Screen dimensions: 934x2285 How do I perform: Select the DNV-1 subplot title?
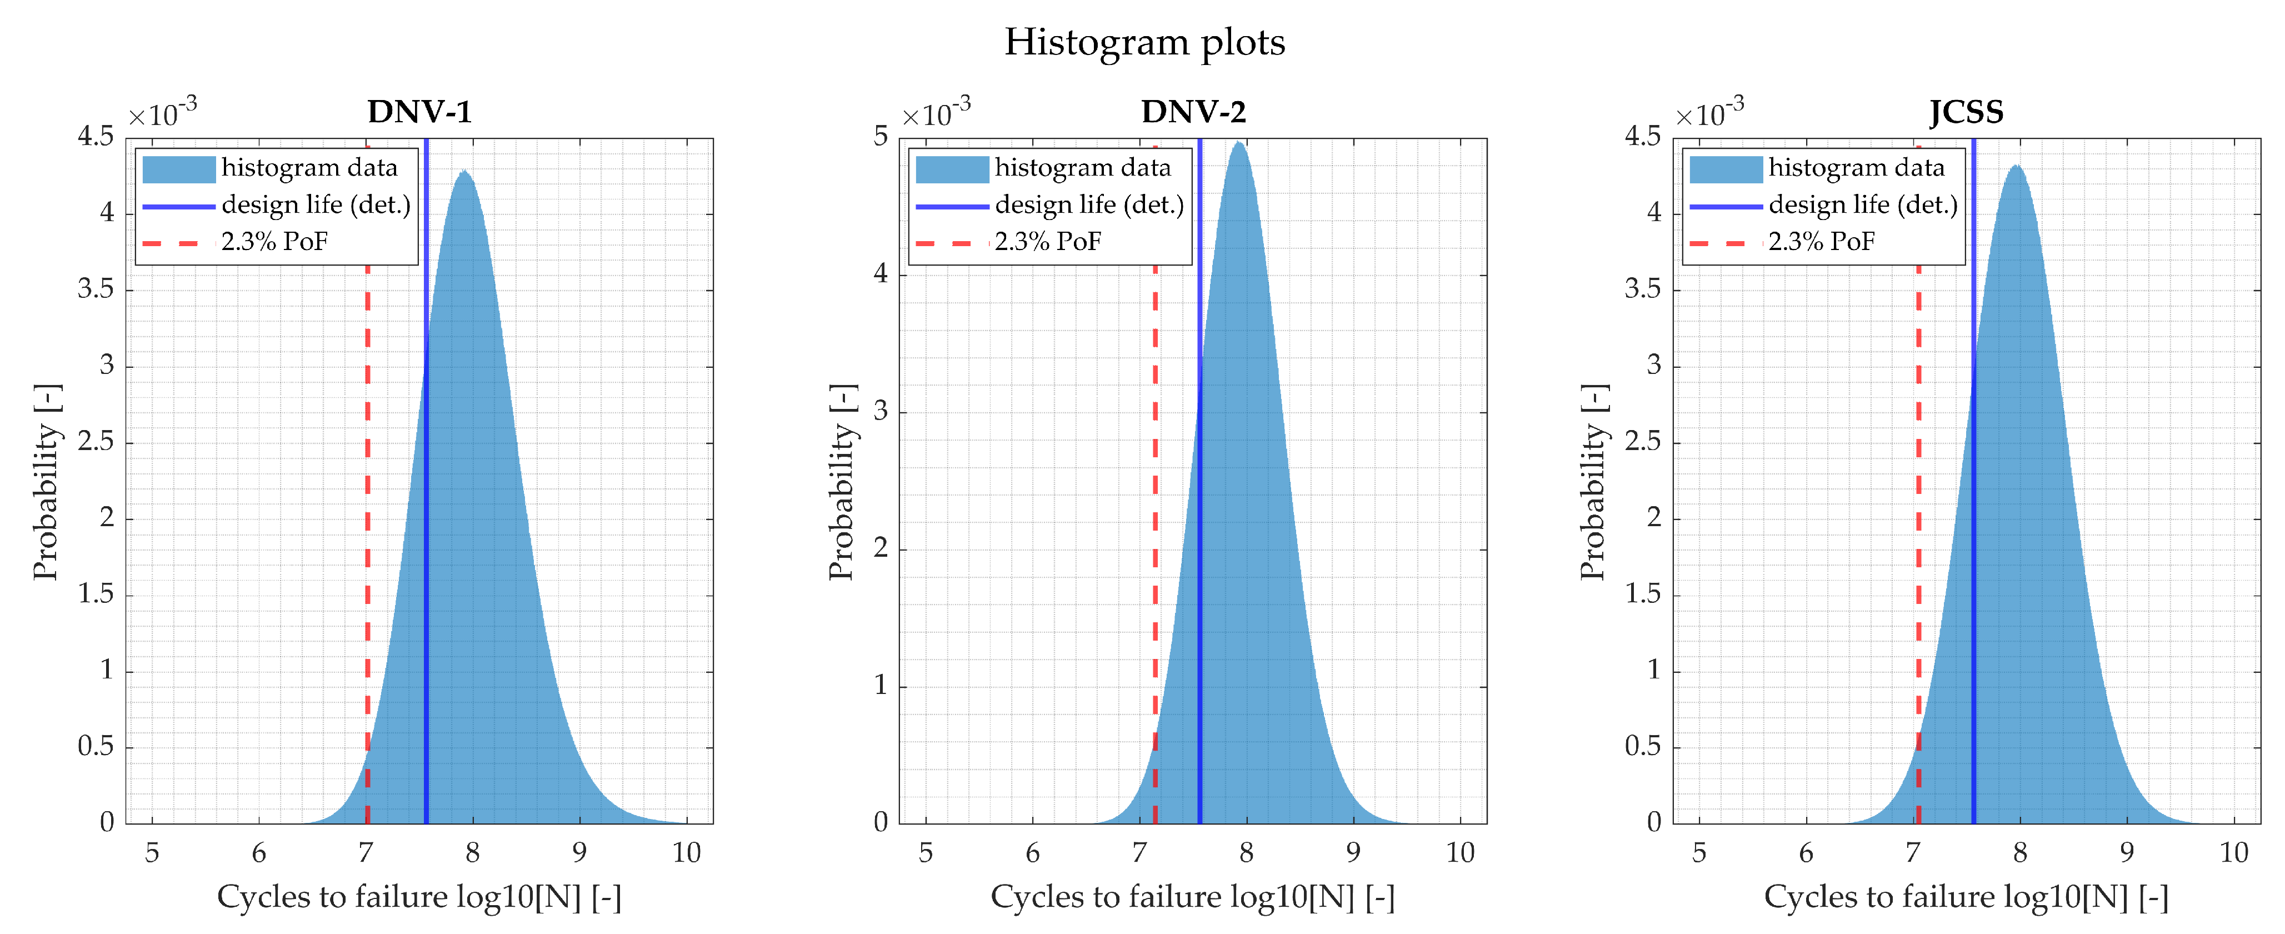pyautogui.click(x=419, y=112)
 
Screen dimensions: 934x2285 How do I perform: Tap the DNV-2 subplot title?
pyautogui.click(x=1193, y=112)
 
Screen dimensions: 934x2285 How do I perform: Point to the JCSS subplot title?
pyautogui.click(x=1966, y=112)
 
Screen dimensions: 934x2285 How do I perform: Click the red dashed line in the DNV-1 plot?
pyautogui.click(x=367, y=532)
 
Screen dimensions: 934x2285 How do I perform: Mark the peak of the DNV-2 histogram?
pyautogui.click(x=1238, y=144)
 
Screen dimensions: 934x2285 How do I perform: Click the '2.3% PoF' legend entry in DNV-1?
pyautogui.click(x=274, y=241)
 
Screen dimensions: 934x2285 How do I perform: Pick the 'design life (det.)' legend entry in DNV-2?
pyautogui.click(x=1088, y=205)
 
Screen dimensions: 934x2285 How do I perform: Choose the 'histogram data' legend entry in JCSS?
pyautogui.click(x=1856, y=168)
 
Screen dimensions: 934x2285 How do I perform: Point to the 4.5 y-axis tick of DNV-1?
pyautogui.click(x=96, y=137)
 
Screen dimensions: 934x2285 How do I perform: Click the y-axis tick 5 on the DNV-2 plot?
pyautogui.click(x=880, y=137)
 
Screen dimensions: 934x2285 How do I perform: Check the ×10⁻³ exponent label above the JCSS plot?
pyautogui.click(x=1708, y=113)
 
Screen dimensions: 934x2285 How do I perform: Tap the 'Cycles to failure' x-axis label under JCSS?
pyautogui.click(x=1966, y=897)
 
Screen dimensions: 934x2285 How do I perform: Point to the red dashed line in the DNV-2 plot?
pyautogui.click(x=1155, y=532)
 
